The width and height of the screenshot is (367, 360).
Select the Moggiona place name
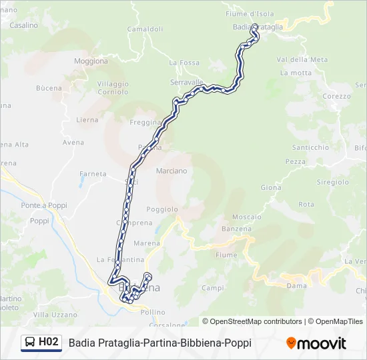point(91,61)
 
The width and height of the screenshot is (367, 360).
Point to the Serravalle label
point(187,82)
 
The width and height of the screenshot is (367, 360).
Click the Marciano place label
point(171,171)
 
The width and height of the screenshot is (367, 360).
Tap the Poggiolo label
point(162,209)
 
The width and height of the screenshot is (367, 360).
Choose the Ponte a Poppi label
point(44,205)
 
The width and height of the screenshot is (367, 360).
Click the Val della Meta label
point(302,59)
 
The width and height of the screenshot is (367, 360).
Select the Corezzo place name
point(336,96)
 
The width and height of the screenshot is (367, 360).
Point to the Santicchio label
point(311,147)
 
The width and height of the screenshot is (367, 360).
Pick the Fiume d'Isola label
point(250,13)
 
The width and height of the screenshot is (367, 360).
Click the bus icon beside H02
point(30,343)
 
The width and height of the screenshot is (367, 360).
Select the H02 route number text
point(49,343)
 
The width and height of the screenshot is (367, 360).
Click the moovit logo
point(316,343)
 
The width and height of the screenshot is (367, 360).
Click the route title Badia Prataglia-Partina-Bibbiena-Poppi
point(160,343)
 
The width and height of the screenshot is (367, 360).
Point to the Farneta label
point(93,174)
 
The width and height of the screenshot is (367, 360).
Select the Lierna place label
point(87,120)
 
